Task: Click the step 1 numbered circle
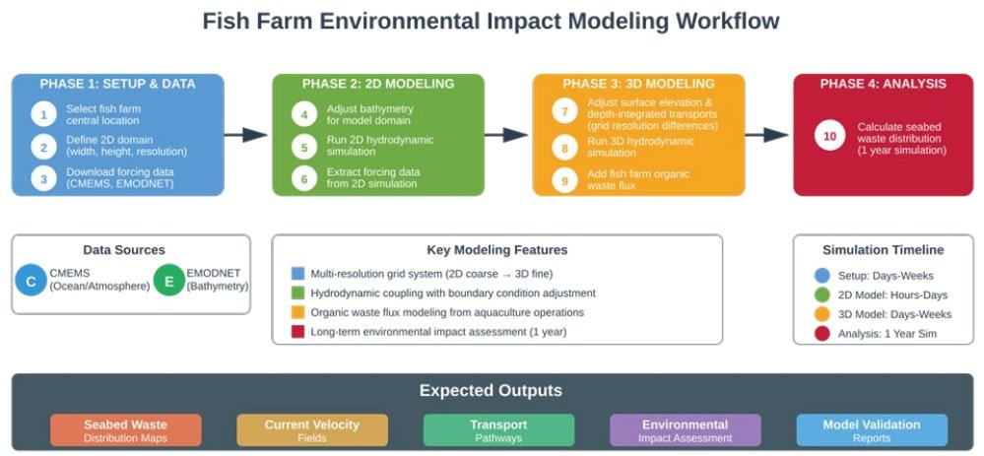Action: point(43,113)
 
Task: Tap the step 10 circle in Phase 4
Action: point(830,135)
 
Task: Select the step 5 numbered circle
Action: point(304,147)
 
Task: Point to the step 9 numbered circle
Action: point(564,180)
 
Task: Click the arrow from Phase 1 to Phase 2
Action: point(247,135)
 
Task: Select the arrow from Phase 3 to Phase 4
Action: point(767,135)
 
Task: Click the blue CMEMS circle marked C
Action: point(31,282)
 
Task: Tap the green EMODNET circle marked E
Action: point(169,282)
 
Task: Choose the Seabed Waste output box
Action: point(125,430)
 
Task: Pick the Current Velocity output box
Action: point(311,430)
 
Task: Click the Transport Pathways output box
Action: point(498,430)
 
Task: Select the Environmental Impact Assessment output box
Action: point(685,430)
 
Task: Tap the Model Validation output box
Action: point(871,430)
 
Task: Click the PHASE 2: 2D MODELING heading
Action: point(378,84)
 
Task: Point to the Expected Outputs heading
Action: point(492,390)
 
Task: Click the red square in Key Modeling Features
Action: point(298,332)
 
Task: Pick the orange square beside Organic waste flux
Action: point(298,312)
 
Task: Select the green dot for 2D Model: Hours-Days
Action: point(822,294)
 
